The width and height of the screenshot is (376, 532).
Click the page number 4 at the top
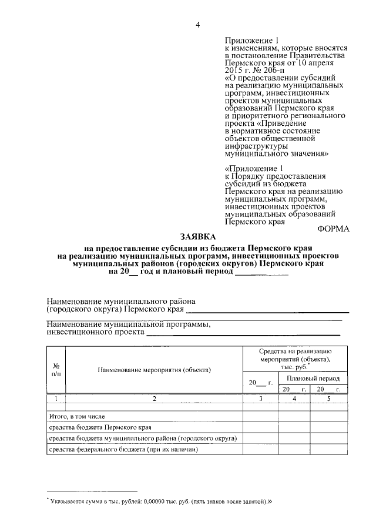click(x=198, y=24)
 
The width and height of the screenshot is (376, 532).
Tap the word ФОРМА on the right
click(x=334, y=229)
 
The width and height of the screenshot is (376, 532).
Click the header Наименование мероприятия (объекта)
click(x=155, y=370)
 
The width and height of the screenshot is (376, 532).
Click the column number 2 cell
click(x=155, y=399)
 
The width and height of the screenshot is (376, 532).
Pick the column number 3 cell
click(x=261, y=399)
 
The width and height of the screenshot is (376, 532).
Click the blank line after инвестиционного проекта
click(x=243, y=333)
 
